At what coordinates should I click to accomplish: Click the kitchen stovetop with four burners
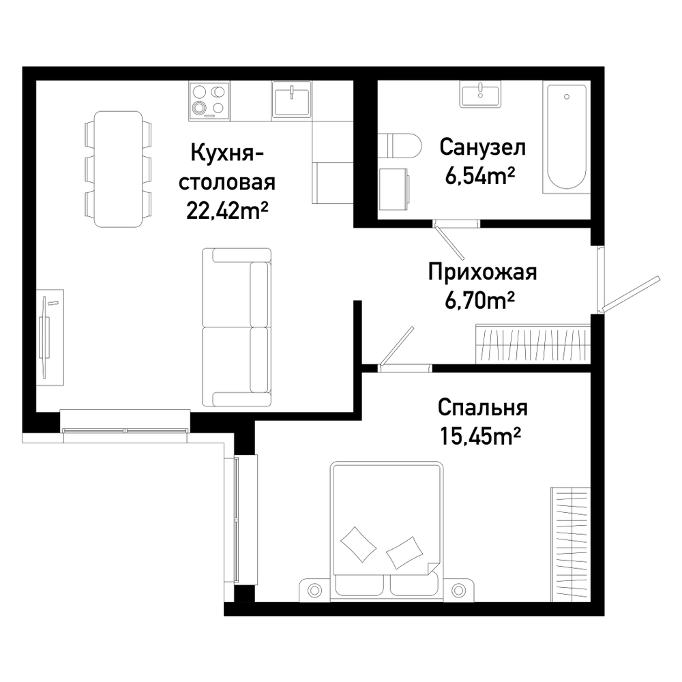click(x=209, y=101)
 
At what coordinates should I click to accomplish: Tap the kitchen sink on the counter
click(x=291, y=100)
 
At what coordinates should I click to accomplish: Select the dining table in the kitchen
click(x=118, y=168)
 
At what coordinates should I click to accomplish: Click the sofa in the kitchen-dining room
click(x=237, y=327)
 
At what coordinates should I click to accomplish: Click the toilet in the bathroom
click(x=400, y=145)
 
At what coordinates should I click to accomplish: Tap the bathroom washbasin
click(x=480, y=94)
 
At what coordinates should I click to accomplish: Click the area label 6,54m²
click(x=480, y=176)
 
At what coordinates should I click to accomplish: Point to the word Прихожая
click(x=482, y=273)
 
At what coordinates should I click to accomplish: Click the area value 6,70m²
click(x=479, y=300)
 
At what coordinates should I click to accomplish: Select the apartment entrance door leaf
click(x=630, y=294)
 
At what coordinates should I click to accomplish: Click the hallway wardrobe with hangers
click(x=533, y=344)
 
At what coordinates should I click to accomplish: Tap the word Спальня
click(x=482, y=408)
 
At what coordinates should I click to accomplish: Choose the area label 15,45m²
click(x=480, y=436)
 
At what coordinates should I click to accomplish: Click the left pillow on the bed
click(x=359, y=544)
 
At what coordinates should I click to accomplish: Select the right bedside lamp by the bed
click(x=458, y=591)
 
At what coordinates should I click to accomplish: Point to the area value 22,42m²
click(x=226, y=211)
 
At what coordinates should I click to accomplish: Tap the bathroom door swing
click(x=449, y=242)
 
